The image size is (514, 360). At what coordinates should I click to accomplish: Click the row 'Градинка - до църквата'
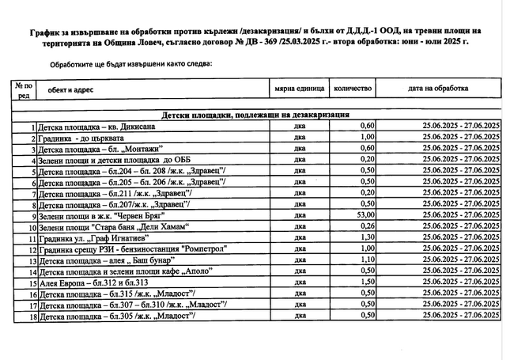pyautogui.click(x=80, y=138)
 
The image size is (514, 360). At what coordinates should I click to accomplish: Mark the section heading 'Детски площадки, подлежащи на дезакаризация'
pyautogui.click(x=256, y=115)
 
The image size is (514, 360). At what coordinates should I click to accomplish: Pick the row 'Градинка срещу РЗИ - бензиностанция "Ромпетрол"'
pyautogui.click(x=119, y=248)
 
